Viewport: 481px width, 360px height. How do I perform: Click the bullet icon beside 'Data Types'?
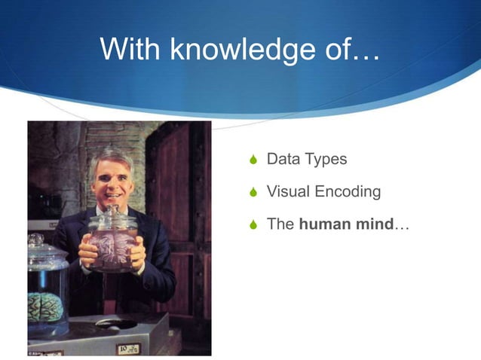click(x=253, y=160)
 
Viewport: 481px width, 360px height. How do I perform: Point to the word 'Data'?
click(x=283, y=160)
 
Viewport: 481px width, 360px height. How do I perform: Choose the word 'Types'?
click(x=326, y=160)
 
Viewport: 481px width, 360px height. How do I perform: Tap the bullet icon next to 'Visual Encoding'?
click(x=253, y=193)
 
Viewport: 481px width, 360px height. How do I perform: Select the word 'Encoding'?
click(x=348, y=193)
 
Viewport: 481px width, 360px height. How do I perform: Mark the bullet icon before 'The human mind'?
click(x=253, y=225)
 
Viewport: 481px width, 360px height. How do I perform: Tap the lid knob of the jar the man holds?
click(x=111, y=209)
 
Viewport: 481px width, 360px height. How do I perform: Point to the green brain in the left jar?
click(x=44, y=306)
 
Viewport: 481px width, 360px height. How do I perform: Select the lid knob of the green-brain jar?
click(x=36, y=240)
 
